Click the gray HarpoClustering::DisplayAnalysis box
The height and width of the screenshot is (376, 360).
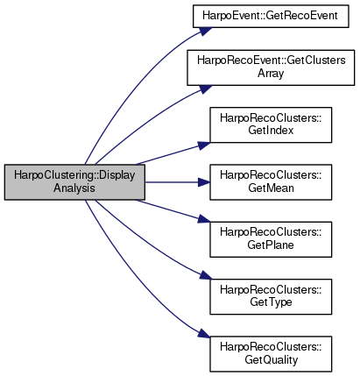(x=74, y=182)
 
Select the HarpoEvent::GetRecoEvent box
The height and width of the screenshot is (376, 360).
(x=271, y=16)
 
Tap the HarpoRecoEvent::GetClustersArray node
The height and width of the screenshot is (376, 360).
(x=271, y=67)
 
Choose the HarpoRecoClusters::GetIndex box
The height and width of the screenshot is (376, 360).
(x=271, y=124)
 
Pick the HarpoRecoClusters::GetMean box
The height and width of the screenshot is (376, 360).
(x=271, y=182)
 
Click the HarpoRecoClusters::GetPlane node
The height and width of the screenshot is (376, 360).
(x=271, y=239)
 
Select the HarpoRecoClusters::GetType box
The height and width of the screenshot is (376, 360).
(x=271, y=297)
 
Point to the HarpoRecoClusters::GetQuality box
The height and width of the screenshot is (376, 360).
(x=271, y=354)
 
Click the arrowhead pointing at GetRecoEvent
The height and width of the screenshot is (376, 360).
(x=205, y=31)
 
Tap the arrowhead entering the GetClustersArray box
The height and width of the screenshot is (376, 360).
(x=205, y=89)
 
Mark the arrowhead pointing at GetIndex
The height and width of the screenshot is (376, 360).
(x=204, y=145)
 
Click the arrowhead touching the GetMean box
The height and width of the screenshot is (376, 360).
(x=204, y=182)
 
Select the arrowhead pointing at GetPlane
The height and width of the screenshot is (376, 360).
(x=204, y=219)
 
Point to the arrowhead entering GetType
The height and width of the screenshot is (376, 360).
(x=205, y=276)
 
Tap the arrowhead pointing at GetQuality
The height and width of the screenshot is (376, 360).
(x=205, y=333)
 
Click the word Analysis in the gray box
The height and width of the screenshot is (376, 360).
(x=74, y=188)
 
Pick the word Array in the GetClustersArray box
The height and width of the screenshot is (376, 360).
(x=271, y=73)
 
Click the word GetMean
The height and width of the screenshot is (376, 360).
(x=271, y=188)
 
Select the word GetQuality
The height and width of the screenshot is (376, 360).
(x=272, y=360)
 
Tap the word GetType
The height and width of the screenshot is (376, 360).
(x=271, y=302)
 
